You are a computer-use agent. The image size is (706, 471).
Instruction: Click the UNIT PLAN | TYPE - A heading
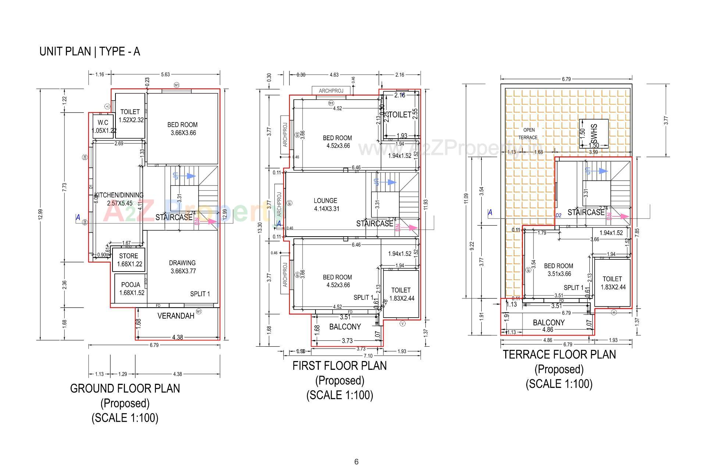coord(90,52)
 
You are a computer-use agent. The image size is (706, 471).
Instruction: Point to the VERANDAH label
coord(176,316)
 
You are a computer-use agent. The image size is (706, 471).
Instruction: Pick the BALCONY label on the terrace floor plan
coord(549,322)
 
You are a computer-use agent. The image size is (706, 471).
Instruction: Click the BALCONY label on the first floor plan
coord(345,326)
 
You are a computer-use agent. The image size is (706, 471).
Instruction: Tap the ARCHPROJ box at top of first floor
coord(331,91)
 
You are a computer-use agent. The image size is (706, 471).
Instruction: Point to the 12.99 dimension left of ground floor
coord(40,214)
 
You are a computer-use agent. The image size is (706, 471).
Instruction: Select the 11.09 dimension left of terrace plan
coord(466,198)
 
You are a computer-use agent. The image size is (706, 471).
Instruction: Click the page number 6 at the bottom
coord(356,462)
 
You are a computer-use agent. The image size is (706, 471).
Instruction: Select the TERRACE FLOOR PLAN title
coord(559,354)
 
